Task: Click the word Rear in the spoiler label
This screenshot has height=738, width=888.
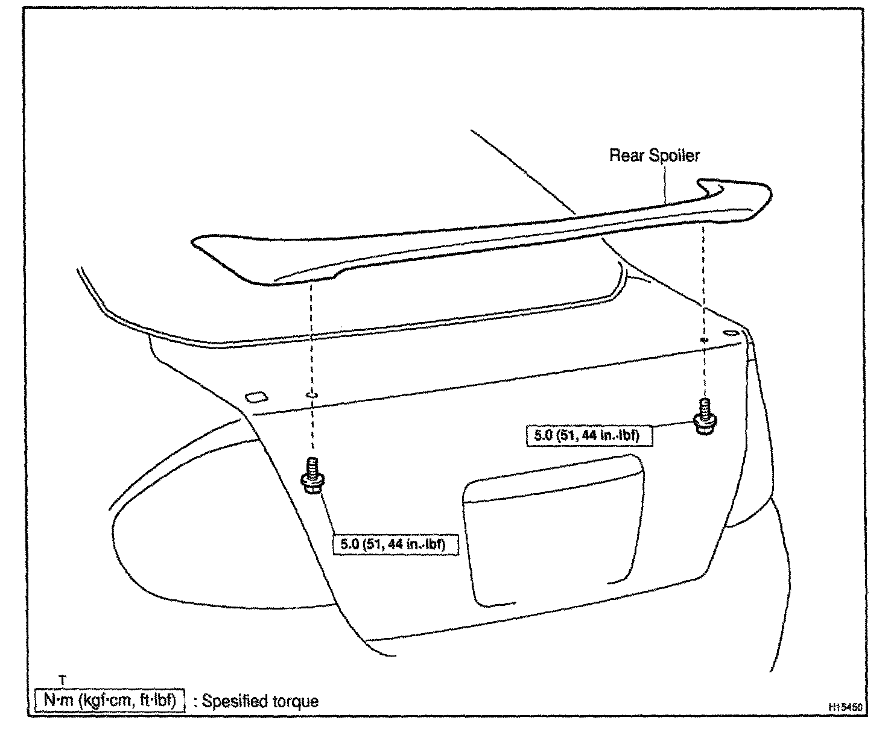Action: (626, 156)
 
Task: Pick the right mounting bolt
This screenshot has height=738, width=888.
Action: (703, 415)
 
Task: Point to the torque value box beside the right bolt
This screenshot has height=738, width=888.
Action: (589, 435)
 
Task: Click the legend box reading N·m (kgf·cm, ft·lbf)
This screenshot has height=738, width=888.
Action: (109, 701)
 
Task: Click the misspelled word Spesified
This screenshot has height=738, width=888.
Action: (234, 701)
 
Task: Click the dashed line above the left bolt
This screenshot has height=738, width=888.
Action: (312, 338)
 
